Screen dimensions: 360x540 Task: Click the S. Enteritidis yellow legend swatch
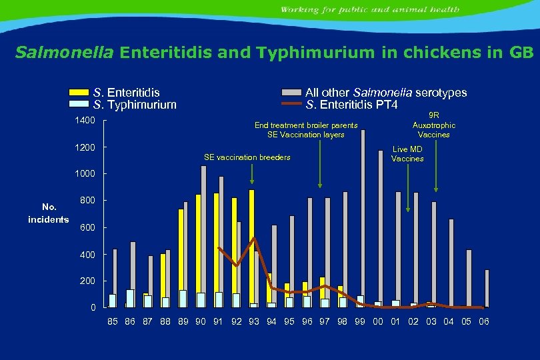[79, 93]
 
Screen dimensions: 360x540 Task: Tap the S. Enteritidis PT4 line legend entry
[351, 105]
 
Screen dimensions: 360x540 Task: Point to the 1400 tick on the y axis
[85, 120]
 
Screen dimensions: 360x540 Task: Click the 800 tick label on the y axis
[88, 201]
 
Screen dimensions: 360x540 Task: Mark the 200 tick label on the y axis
[88, 281]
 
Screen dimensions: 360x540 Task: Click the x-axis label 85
[113, 322]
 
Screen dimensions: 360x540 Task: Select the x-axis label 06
[484, 322]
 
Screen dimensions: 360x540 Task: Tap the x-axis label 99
[360, 322]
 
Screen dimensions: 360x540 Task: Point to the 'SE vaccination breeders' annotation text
[247, 157]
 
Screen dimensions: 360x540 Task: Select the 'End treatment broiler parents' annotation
[306, 125]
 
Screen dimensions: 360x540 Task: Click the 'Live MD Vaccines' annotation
[407, 154]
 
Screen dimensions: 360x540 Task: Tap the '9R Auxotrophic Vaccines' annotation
[433, 125]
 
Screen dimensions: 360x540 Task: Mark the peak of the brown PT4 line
[254, 238]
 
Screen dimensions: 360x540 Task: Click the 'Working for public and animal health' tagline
[369, 9]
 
